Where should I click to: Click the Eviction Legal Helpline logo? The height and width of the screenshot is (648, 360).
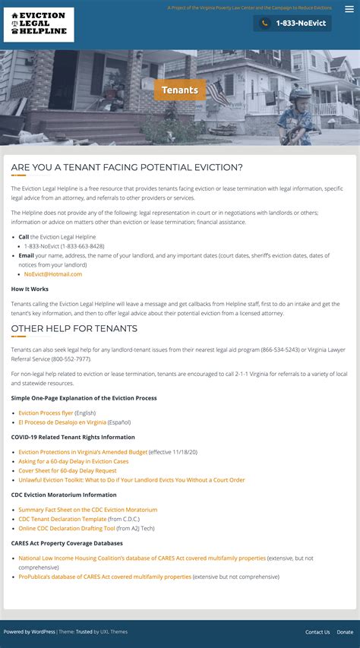click(39, 25)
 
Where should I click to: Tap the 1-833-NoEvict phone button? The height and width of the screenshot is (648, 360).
click(292, 24)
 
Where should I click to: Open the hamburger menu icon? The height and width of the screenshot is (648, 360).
click(349, 9)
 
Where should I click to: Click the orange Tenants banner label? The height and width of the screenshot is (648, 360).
click(180, 90)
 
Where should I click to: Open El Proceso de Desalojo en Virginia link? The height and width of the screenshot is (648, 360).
click(62, 422)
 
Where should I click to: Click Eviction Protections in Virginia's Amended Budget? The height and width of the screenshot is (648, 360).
click(83, 452)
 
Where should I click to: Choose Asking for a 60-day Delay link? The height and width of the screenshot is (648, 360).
click(74, 461)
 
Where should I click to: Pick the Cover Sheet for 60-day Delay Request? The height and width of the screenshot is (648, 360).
click(68, 470)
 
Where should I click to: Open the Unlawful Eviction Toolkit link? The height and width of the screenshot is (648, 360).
click(131, 480)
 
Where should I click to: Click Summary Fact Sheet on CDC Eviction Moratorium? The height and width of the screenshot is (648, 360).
click(87, 510)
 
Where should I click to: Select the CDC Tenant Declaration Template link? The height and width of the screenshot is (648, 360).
click(62, 519)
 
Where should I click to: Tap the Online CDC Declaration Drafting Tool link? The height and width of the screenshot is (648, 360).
click(67, 528)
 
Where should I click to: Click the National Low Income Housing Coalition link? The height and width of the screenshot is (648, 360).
click(142, 558)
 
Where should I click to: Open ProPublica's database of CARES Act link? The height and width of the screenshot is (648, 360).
click(105, 577)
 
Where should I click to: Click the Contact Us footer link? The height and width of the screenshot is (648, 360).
click(317, 632)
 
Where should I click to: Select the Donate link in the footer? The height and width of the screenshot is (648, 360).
click(345, 632)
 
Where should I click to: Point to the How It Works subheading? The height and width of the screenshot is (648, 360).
click(30, 289)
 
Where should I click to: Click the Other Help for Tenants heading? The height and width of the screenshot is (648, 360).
click(74, 329)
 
